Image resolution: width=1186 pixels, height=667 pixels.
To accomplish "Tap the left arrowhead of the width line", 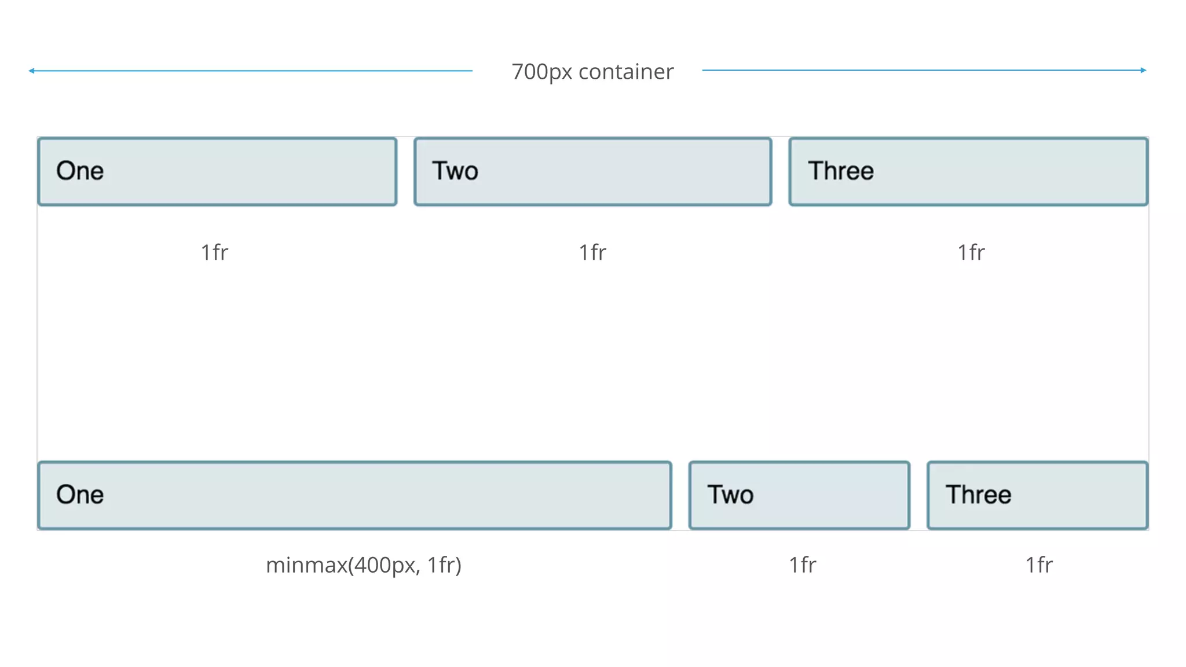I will [x=32, y=71].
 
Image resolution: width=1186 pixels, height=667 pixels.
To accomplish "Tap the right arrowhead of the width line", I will [x=1143, y=70].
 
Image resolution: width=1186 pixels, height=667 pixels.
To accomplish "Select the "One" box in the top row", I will [x=217, y=171].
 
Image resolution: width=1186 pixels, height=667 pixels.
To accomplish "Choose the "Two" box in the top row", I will [x=593, y=171].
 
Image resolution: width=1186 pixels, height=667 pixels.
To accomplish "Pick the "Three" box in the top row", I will [x=968, y=171].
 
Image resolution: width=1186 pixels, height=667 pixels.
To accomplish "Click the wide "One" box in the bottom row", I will [x=354, y=495].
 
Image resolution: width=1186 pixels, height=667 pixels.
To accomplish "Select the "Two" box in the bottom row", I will [x=799, y=495].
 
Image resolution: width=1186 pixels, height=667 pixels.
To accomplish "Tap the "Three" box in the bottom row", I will [x=1037, y=495].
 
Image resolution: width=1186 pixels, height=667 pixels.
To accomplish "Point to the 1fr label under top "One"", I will [x=214, y=252].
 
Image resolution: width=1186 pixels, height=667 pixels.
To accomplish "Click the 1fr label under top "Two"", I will [x=592, y=252].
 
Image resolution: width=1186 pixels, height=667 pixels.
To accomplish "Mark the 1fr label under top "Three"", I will [x=971, y=252].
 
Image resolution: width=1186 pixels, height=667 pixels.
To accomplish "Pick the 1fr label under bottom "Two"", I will [x=802, y=565].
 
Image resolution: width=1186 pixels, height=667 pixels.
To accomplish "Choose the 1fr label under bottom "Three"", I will [x=1039, y=565].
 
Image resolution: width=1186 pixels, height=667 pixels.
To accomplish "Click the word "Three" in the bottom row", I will [x=978, y=494].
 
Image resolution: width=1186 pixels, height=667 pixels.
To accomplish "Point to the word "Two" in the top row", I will [x=455, y=171].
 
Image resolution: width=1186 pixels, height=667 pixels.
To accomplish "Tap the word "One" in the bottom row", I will [x=80, y=494].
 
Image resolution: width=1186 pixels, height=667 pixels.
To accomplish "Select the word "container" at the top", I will [x=625, y=72].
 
